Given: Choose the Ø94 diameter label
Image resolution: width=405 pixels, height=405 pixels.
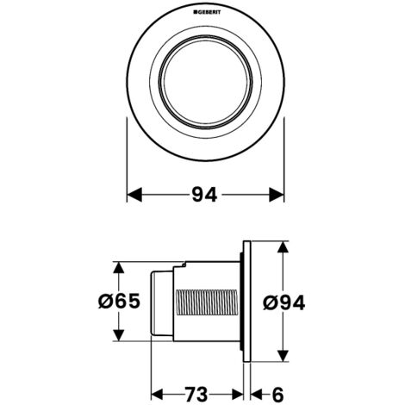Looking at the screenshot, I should tap(283, 302).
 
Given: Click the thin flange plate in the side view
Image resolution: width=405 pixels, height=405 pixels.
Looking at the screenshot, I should tap(246, 302).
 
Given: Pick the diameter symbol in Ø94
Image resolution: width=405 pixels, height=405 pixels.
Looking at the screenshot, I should tap(268, 302).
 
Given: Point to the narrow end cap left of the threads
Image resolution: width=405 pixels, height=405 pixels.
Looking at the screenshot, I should tap(160, 302).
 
